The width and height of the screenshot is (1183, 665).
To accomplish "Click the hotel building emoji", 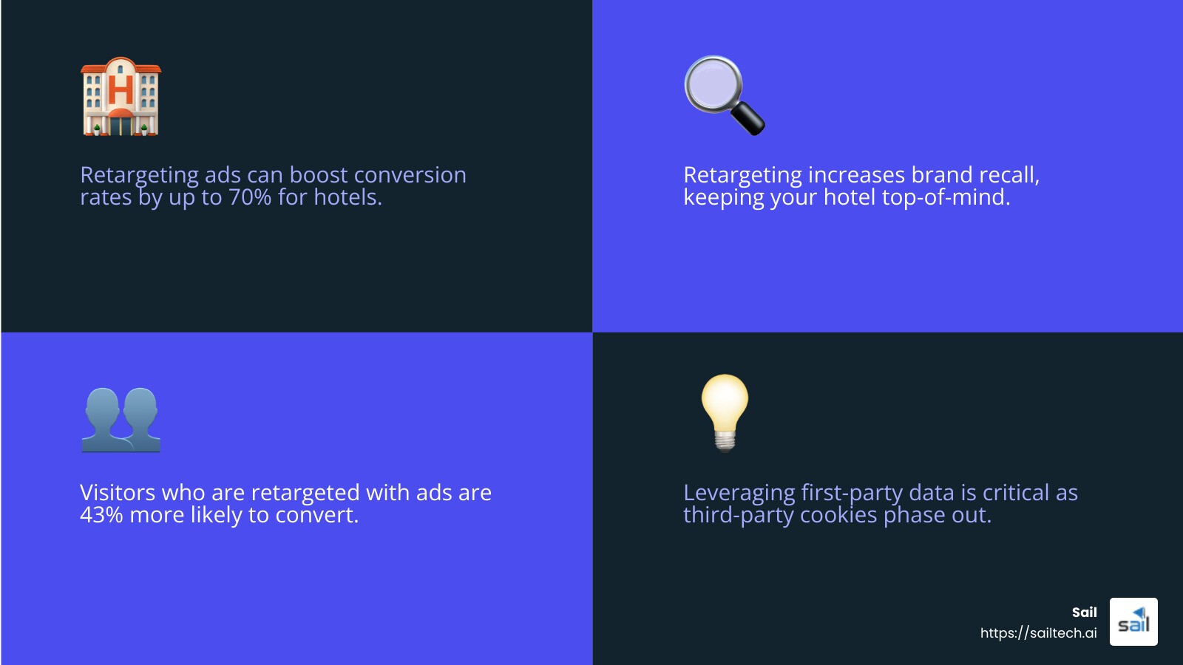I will pos(121,97).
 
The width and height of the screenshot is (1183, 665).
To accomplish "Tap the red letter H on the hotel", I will pos(121,90).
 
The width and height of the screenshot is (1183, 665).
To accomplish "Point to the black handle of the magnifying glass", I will pos(748,120).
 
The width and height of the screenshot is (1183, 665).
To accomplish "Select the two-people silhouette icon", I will pos(121,420).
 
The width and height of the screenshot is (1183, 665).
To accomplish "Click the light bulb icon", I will pos(725,411).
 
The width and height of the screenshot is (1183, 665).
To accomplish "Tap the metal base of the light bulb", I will pos(725,440).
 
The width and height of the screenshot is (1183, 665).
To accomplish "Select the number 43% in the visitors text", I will pos(101,515).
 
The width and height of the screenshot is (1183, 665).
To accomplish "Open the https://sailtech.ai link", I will pos(1038,633).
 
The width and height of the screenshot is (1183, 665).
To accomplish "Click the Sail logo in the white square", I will pos(1133,622).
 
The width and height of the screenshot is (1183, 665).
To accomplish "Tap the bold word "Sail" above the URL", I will pos(1084,613).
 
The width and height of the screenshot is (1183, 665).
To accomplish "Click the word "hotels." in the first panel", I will pos(348,197).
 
